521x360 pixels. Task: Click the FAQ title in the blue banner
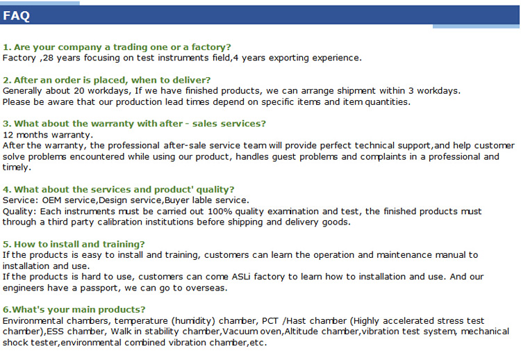(16, 15)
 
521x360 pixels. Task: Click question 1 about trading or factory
(117, 47)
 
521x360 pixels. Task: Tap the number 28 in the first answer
(48, 58)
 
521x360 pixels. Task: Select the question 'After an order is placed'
(107, 80)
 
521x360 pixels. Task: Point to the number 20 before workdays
(79, 91)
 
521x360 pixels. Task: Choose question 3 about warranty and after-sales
(134, 124)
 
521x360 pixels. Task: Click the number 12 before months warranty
(8, 135)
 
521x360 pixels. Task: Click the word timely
(17, 167)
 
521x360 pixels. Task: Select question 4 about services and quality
(118, 190)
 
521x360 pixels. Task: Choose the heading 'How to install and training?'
(74, 245)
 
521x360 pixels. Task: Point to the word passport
(99, 288)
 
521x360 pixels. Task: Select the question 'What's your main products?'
(74, 310)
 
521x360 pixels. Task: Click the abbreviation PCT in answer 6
(270, 321)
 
